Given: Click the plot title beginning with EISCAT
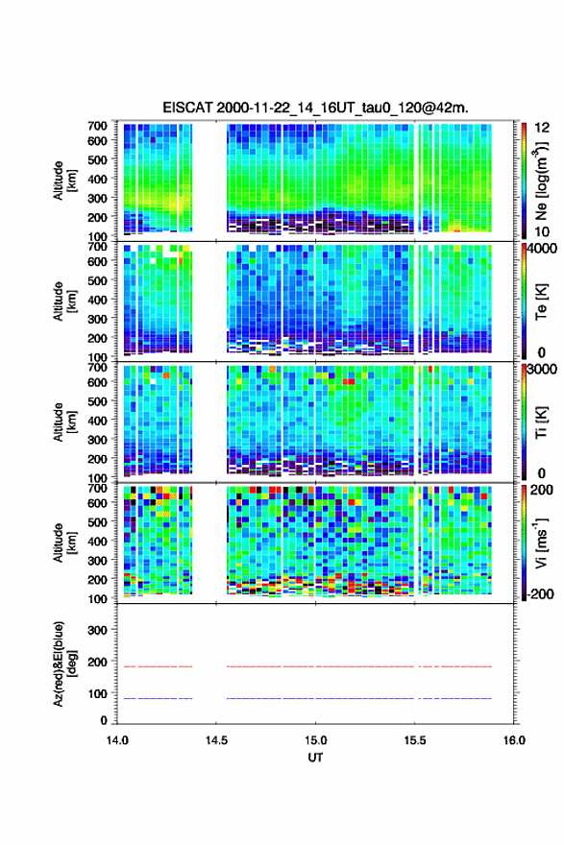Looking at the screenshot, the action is (315, 108).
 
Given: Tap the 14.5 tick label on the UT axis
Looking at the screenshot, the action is (216, 740).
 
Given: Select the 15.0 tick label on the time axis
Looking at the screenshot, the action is (315, 740).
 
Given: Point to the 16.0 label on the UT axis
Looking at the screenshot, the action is (514, 740).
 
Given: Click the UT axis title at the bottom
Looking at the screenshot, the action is (315, 758).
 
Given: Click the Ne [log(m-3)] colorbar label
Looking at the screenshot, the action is (541, 181).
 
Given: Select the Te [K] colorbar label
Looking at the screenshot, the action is (541, 302).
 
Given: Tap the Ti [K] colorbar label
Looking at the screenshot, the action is (541, 422).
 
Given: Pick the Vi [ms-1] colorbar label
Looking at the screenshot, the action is (541, 543).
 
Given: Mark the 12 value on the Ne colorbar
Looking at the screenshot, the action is (542, 128).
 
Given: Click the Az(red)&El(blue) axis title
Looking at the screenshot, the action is (64, 664).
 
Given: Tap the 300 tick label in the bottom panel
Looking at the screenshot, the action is (97, 630).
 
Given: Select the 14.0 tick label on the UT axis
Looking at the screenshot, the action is (117, 740).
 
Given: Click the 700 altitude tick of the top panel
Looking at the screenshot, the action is (97, 126).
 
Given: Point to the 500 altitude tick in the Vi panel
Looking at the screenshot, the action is (97, 522).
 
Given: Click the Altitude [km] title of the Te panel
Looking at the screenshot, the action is (64, 302).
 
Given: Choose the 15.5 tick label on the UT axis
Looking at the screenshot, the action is (415, 740).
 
